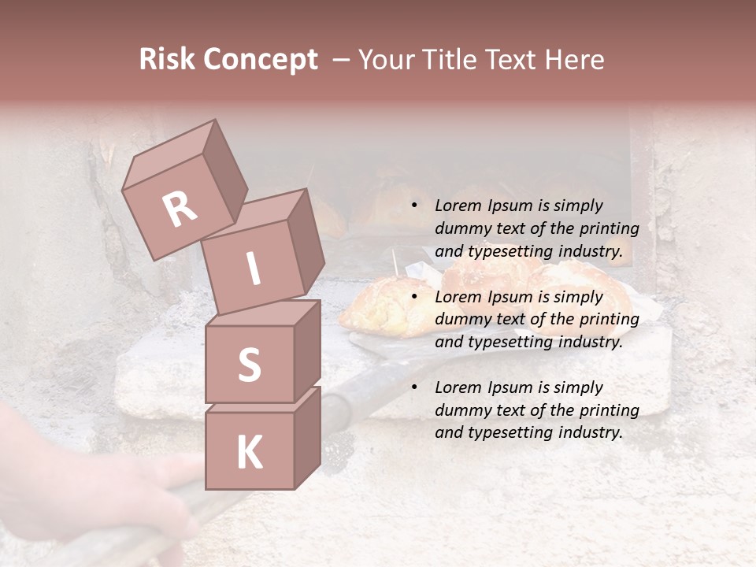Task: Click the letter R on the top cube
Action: point(180,209)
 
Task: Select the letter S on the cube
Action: point(249,365)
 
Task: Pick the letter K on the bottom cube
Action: point(249,453)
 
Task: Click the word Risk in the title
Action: point(169,59)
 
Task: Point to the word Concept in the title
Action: point(261,60)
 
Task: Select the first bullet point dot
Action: point(414,206)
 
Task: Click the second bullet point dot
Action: point(414,297)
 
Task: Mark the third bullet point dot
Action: point(414,387)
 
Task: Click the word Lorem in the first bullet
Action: point(458,206)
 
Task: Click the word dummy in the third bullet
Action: point(461,410)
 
